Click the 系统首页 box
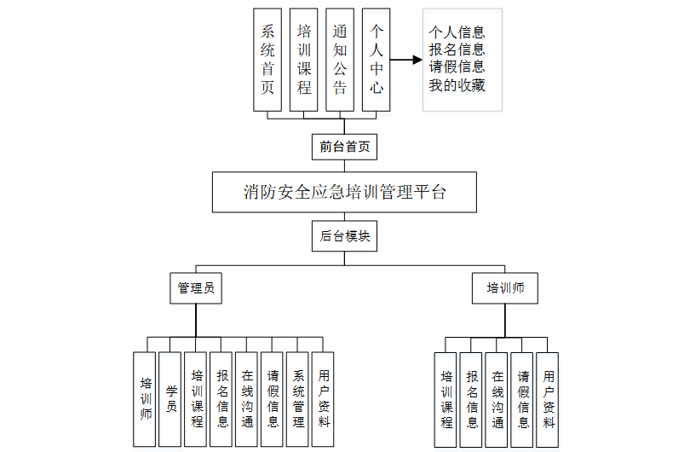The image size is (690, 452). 267,60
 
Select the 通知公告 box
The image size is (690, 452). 340,60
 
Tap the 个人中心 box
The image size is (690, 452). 376,60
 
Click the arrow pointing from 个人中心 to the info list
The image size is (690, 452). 407,60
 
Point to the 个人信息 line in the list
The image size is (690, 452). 457,32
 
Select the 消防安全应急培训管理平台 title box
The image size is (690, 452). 344,192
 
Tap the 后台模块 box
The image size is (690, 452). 345,236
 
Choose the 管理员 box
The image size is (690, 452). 195,288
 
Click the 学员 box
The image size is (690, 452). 170,399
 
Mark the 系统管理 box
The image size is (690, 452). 298,399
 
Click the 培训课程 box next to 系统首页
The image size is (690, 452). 304,60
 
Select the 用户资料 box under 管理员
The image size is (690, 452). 324,399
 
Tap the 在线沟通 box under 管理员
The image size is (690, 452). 247,399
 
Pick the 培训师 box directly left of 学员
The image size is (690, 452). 145,399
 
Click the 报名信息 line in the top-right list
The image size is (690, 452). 457,49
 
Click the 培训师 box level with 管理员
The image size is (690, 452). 505,288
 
